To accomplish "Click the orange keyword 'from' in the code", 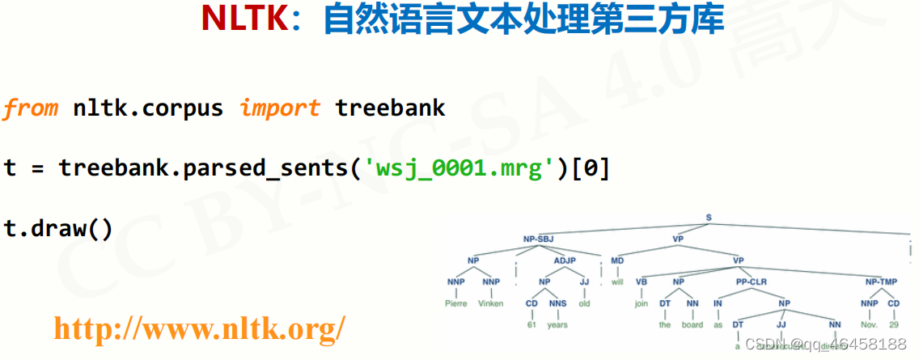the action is pos(30,108).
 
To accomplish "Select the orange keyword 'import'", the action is pos(279,108).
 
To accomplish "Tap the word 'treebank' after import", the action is pos(390,108).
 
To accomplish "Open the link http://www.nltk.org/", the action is pos(199,328).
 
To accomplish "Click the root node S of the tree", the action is pos(709,218).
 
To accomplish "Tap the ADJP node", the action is pos(565,260).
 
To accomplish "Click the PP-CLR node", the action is pos(752,282).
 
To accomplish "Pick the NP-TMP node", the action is pos(881,282).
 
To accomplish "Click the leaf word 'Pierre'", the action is pos(456,304).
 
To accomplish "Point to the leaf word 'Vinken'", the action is pos(490,304).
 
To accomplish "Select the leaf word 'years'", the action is pos(557,325).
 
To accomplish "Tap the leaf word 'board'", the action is pos(692,325).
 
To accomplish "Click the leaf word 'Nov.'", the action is pos(869,325).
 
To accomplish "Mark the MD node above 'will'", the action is pos(617,260).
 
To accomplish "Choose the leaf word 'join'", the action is pos(642,304).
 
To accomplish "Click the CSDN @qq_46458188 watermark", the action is pos(829,344).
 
